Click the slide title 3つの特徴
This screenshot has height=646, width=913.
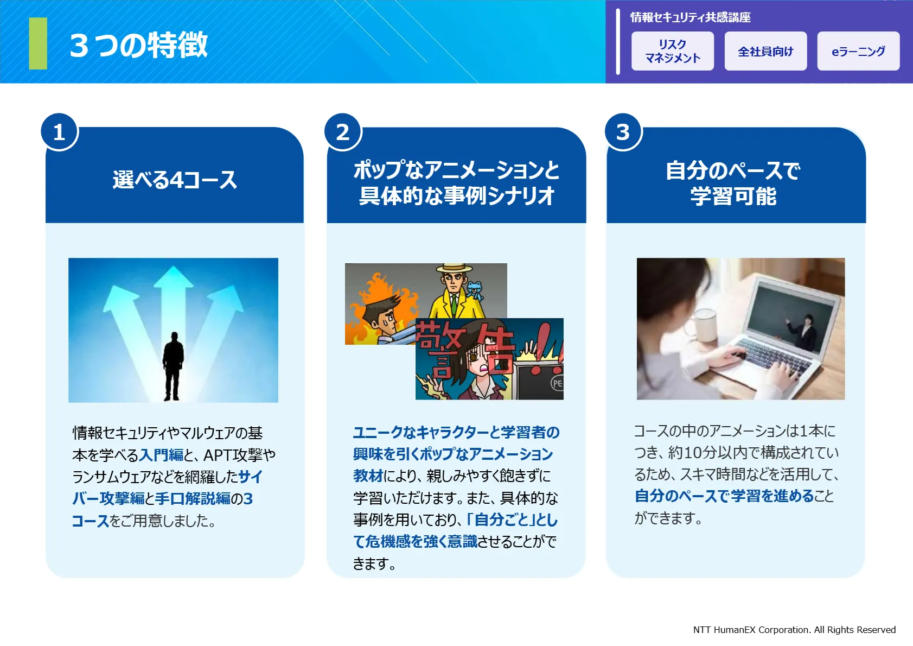(138, 45)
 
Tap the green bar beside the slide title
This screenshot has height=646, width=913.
(38, 43)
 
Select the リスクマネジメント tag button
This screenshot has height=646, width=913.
(673, 51)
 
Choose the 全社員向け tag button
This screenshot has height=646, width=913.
(765, 51)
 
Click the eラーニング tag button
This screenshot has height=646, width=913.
(858, 51)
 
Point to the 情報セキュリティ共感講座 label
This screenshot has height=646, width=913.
(690, 17)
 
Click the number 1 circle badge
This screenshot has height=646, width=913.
(60, 132)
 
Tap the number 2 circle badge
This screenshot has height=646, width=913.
(343, 132)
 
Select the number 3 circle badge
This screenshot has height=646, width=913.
(623, 132)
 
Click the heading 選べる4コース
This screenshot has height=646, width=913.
(175, 180)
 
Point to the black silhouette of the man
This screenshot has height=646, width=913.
(173, 366)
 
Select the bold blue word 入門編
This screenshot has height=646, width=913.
(161, 454)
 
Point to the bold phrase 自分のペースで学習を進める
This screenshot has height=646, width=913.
(724, 496)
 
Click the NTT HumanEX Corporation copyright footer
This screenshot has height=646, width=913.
(794, 630)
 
